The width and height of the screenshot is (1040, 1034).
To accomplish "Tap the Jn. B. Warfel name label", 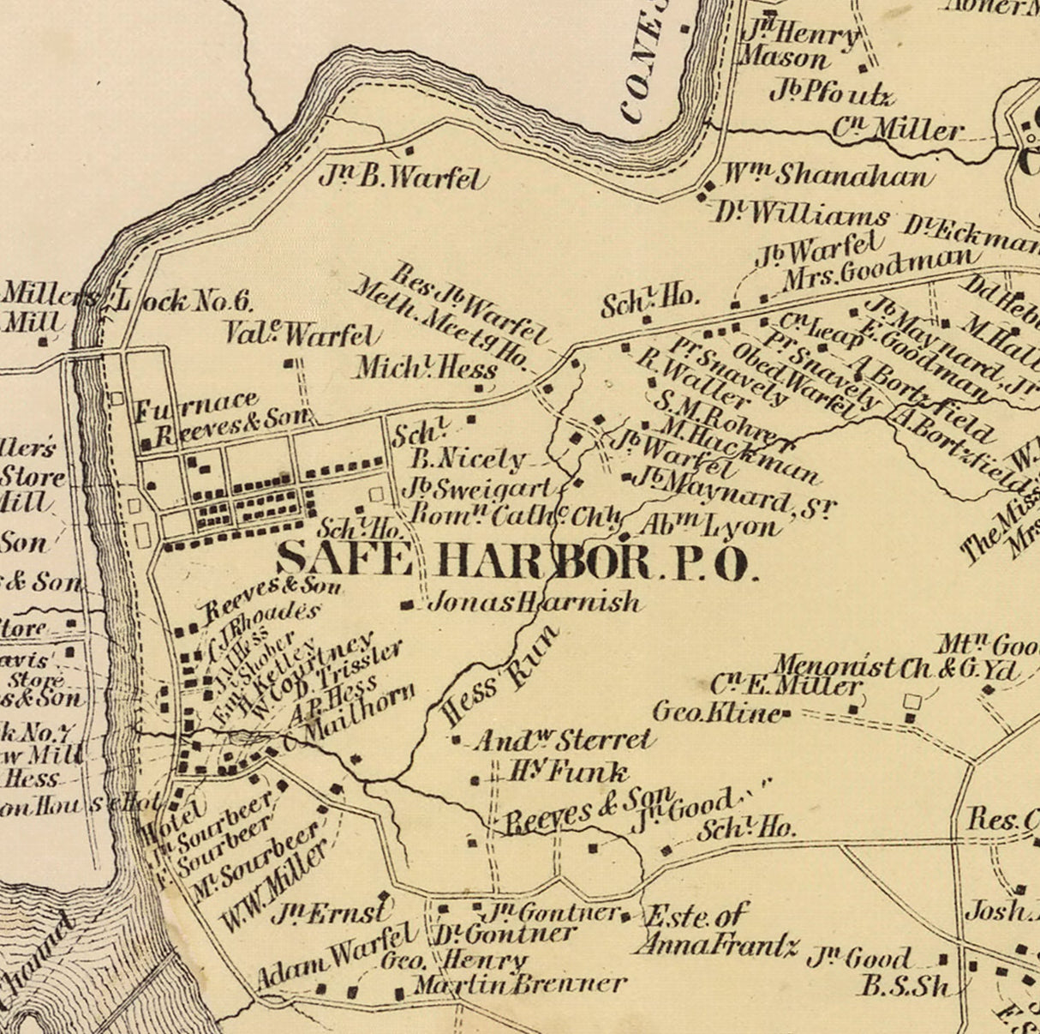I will tap(403, 177).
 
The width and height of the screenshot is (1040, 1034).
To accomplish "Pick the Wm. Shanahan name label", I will tap(825, 175).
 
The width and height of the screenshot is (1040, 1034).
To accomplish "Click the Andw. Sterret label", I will tap(563, 739).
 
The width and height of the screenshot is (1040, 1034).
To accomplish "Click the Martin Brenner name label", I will tap(520, 983).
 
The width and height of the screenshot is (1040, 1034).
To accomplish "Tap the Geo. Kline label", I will tap(715, 712).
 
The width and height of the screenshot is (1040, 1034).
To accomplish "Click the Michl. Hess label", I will tap(426, 369).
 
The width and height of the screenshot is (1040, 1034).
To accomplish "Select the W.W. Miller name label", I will tap(273, 887).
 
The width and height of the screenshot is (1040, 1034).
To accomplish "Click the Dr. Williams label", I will tap(802, 212).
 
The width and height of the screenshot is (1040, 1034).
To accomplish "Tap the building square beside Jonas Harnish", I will tap(407, 605).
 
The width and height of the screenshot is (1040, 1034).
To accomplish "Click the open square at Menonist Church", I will tap(911, 702).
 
